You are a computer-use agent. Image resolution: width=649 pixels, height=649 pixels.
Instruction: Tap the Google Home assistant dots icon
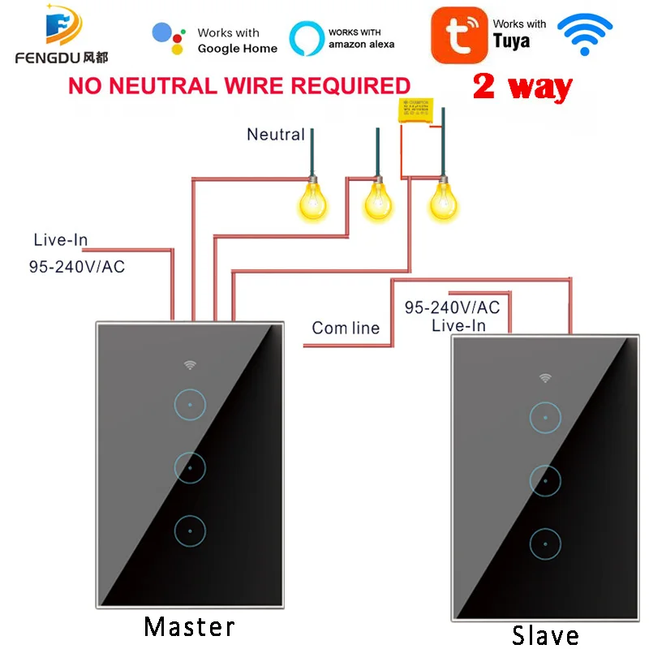click(168, 37)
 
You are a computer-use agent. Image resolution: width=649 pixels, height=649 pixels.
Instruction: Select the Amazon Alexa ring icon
click(306, 38)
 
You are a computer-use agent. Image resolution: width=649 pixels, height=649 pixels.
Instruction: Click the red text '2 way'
click(522, 87)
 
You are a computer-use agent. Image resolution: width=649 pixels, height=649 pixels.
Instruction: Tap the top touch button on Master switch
click(189, 403)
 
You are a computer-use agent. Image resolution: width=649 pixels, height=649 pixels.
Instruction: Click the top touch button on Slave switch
click(545, 417)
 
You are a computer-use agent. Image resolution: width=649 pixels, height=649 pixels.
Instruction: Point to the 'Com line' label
click(346, 329)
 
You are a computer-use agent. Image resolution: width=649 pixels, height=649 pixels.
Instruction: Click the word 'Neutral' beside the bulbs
click(276, 135)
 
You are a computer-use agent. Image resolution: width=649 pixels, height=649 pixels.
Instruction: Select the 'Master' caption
click(189, 626)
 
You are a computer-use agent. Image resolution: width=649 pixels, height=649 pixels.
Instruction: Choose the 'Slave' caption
click(545, 634)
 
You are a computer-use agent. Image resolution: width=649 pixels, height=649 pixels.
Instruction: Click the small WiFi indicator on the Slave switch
click(545, 378)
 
